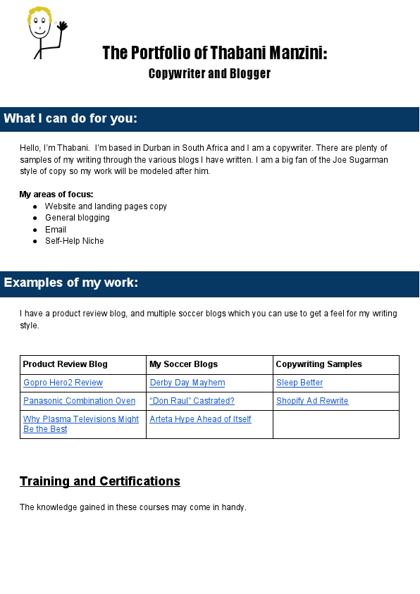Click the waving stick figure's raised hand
(x=62, y=26)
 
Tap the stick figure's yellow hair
(x=39, y=13)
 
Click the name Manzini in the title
(x=297, y=53)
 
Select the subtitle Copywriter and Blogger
(x=209, y=73)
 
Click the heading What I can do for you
(x=70, y=118)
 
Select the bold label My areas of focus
(x=56, y=194)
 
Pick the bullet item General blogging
(x=77, y=218)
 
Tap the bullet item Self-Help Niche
(x=74, y=241)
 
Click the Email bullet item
(x=56, y=230)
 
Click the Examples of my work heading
(x=71, y=283)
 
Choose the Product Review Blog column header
(x=66, y=364)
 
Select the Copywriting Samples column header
(x=319, y=364)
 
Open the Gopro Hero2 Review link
(x=63, y=383)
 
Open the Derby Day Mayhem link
(x=187, y=383)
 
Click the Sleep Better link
(x=299, y=383)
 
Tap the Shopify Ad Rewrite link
(x=312, y=401)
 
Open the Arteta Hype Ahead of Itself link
(x=200, y=419)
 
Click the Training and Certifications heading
(x=100, y=481)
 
